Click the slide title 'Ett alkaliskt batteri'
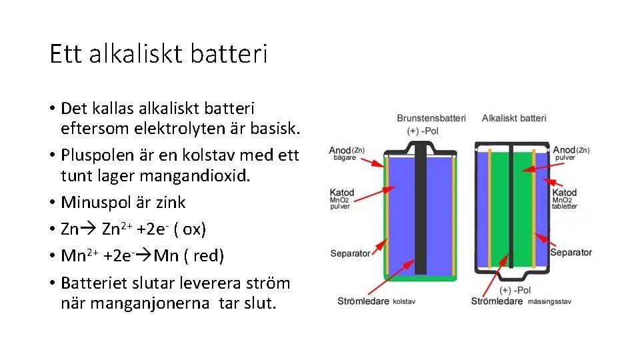(159, 54)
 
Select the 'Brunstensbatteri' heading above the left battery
(431, 118)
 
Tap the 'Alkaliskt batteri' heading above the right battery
(513, 118)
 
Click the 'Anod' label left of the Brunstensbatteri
(340, 151)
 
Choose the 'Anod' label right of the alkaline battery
(564, 151)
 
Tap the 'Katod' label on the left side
(341, 193)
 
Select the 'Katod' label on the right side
(565, 193)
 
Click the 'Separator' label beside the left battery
(350, 254)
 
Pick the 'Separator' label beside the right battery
(570, 253)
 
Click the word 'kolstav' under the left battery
(404, 302)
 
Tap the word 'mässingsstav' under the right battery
(549, 302)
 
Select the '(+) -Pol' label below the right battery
(514, 291)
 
